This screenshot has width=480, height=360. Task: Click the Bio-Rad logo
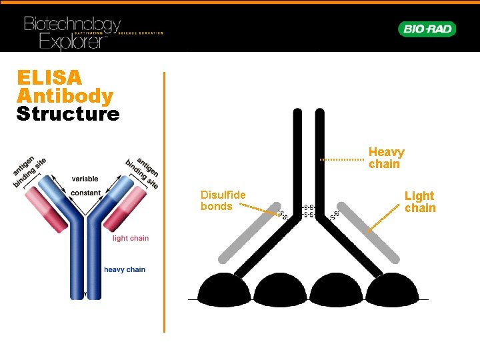[x=427, y=29]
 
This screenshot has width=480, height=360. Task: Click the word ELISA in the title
[x=49, y=77]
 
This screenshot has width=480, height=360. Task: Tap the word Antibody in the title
[x=65, y=96]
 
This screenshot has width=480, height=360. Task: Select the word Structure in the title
[x=68, y=114]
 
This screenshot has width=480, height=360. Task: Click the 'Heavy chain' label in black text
[x=386, y=158]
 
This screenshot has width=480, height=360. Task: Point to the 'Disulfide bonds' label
[x=223, y=200]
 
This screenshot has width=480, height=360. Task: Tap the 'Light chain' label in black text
[x=420, y=201]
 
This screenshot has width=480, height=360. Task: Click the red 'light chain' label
[x=130, y=238]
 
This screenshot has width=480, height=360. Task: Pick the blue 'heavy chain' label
[x=124, y=269]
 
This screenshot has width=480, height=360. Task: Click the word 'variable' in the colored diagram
[x=85, y=179]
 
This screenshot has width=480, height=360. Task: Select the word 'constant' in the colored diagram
[x=85, y=193]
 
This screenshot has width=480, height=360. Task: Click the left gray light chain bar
[x=247, y=231]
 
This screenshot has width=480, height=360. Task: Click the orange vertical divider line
[x=164, y=200]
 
